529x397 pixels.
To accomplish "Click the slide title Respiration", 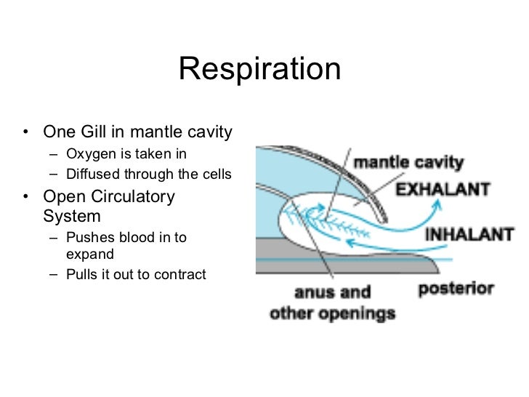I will (x=259, y=70).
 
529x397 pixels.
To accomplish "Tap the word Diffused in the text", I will (x=91, y=175).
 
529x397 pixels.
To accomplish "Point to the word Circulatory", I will (x=133, y=196).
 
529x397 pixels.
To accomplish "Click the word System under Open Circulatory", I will (x=71, y=216).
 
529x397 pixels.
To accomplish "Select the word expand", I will (x=89, y=255).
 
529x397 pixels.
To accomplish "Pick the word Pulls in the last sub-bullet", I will (x=82, y=275).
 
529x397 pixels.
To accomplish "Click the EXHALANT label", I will (x=442, y=190).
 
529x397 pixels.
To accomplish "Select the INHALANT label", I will (x=469, y=236).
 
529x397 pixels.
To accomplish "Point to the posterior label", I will (x=456, y=289).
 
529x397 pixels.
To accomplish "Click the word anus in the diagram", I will (x=311, y=293).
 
